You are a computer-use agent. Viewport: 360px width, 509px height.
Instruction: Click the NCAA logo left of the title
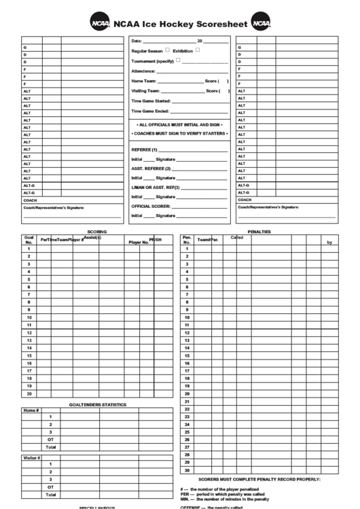click(100, 23)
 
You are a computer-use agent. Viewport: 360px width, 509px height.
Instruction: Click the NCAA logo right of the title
click(261, 23)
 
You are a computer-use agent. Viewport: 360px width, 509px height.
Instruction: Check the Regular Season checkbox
click(168, 50)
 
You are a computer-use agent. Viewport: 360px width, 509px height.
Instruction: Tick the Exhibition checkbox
click(198, 50)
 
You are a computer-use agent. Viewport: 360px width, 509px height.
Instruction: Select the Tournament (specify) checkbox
click(178, 60)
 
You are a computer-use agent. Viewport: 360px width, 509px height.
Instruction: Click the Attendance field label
click(143, 71)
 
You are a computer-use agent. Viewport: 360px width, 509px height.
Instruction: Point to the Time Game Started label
click(151, 101)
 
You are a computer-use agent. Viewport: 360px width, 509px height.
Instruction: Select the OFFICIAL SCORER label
click(151, 206)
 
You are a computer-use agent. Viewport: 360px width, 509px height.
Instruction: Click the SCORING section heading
click(96, 232)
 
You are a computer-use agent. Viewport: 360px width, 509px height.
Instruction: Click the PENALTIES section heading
click(259, 232)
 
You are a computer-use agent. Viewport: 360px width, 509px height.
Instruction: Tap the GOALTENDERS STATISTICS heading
click(97, 405)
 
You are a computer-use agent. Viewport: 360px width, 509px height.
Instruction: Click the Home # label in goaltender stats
click(31, 410)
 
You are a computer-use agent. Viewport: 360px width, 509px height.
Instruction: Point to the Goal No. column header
click(29, 240)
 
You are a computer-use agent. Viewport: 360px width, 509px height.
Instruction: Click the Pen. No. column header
click(187, 240)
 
